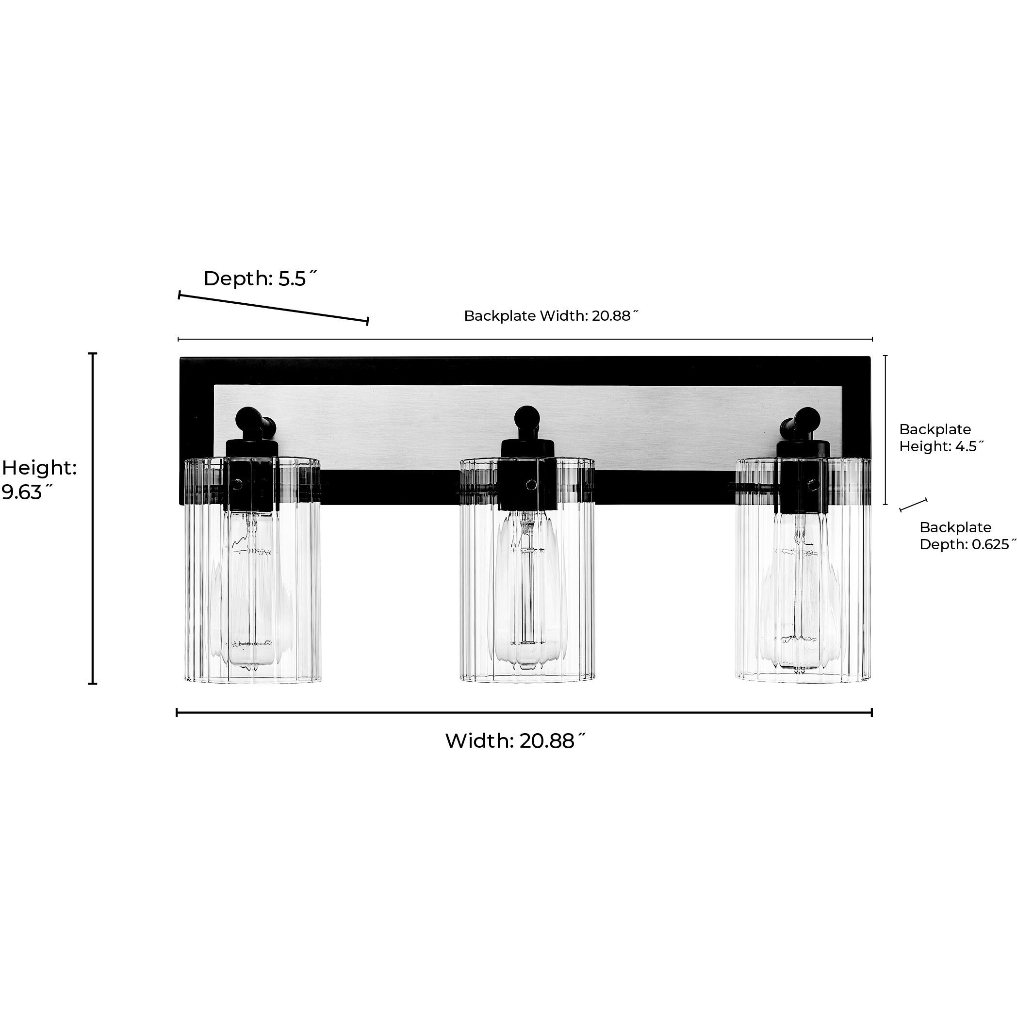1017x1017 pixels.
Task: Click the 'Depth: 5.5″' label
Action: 260,279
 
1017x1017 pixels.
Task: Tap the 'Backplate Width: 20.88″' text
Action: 551,316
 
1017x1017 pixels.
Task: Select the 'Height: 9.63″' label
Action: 39,479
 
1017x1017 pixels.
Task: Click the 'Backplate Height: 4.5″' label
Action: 941,438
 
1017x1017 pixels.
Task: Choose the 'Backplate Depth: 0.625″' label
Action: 967,535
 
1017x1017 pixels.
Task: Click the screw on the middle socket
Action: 531,484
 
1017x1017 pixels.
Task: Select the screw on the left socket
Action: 238,483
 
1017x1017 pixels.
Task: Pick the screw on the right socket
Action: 813,483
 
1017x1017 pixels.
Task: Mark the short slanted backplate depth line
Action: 913,505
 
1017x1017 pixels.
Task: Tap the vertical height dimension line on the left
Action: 93,519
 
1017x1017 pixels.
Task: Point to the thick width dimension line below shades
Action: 524,713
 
